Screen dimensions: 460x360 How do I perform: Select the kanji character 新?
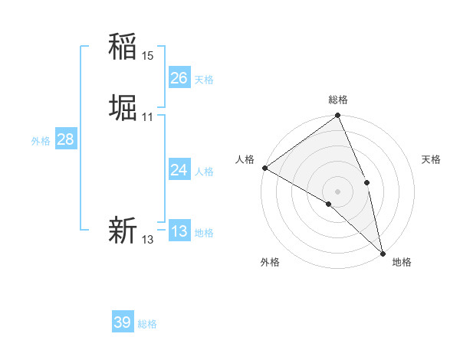click(x=123, y=230)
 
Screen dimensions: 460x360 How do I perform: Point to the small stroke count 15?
click(x=147, y=56)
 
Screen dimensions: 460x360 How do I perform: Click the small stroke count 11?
click(x=147, y=117)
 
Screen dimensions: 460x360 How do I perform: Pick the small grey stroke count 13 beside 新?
click(x=147, y=240)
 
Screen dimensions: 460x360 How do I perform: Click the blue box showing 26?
click(x=179, y=78)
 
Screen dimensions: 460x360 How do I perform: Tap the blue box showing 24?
click(x=179, y=170)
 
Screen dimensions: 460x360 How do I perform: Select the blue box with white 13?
click(x=179, y=231)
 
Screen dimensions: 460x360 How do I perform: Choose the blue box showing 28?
click(x=65, y=139)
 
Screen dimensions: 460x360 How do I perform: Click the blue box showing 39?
click(x=122, y=322)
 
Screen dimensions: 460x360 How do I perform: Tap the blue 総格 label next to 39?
click(x=147, y=324)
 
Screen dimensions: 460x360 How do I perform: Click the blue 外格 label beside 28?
click(x=41, y=141)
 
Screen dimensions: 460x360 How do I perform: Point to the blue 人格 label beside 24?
click(x=204, y=172)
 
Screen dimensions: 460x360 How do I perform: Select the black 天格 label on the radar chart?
click(x=431, y=159)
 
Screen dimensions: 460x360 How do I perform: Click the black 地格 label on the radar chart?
click(x=402, y=262)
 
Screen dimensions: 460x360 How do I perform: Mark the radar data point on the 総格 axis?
click(x=337, y=116)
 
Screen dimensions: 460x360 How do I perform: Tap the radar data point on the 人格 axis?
click(x=264, y=168)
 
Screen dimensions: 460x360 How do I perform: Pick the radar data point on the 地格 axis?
click(x=383, y=253)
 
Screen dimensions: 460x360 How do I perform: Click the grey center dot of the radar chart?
click(x=337, y=191)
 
